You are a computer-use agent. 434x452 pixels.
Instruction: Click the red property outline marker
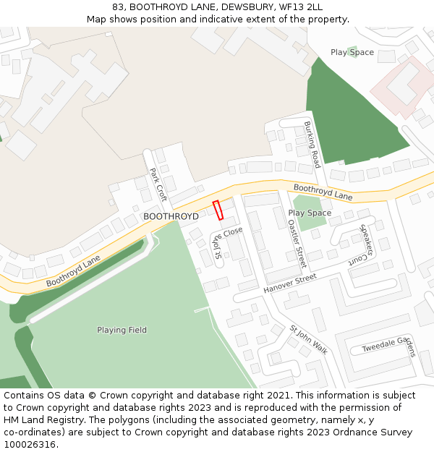pyautogui.click(x=218, y=210)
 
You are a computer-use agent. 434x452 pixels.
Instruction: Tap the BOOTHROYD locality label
pyautogui.click(x=171, y=216)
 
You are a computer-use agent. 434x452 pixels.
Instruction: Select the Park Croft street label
pyautogui.click(x=158, y=184)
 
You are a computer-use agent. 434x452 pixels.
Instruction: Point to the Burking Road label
pyautogui.click(x=312, y=145)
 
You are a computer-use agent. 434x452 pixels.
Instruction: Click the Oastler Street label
pyautogui.click(x=297, y=244)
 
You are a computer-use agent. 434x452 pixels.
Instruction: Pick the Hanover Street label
pyautogui.click(x=290, y=283)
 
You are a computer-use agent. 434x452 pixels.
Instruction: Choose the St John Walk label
pyautogui.click(x=309, y=340)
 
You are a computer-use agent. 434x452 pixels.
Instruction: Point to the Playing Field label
pyautogui.click(x=122, y=331)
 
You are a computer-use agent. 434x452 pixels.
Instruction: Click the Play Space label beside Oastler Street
pyautogui.click(x=310, y=213)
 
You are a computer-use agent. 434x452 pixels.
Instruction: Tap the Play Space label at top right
pyautogui.click(x=352, y=52)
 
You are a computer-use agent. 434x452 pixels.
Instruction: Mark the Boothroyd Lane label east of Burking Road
pyautogui.click(x=323, y=192)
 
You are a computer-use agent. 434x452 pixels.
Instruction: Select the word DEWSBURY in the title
pyautogui.click(x=247, y=7)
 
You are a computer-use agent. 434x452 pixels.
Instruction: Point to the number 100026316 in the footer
pyautogui.click(x=30, y=444)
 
